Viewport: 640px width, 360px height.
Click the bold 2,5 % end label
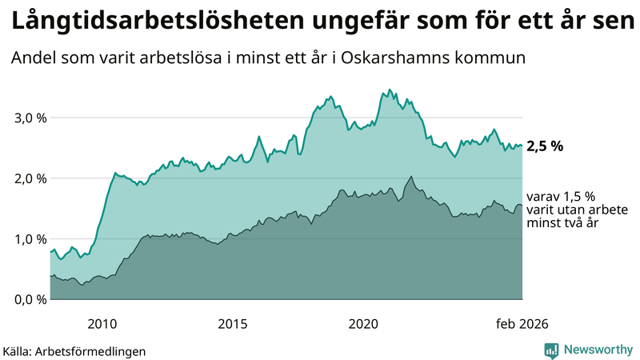click(x=546, y=146)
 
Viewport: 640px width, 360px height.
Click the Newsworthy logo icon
click(x=551, y=350)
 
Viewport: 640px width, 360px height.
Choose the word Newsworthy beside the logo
click(x=596, y=350)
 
